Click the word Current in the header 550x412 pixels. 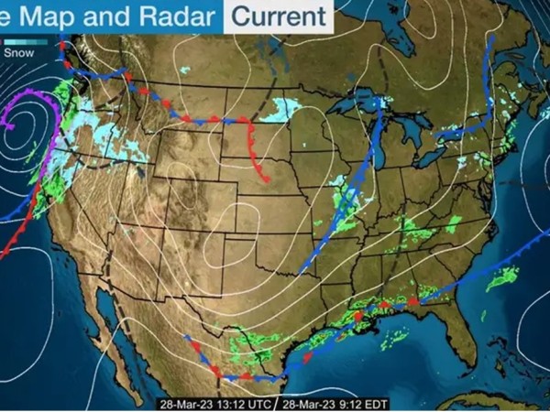coord(279,16)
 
